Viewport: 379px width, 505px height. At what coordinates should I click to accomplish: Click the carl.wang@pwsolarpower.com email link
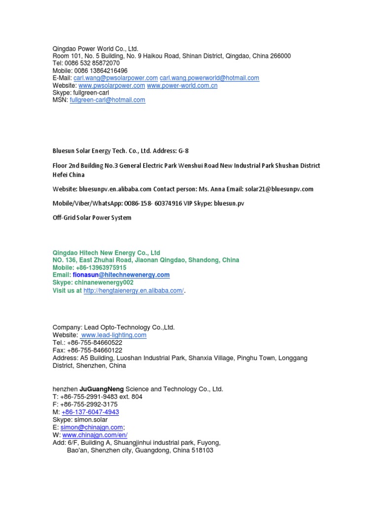(x=115, y=78)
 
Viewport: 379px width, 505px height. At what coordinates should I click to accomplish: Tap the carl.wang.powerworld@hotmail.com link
(x=209, y=78)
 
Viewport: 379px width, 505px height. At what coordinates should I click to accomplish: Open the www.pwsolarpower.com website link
(x=112, y=85)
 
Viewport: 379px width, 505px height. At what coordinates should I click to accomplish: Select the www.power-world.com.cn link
(x=182, y=85)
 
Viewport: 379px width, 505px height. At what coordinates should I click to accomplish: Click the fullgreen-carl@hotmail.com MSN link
(x=108, y=100)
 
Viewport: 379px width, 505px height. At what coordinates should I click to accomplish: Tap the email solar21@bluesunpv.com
(x=279, y=189)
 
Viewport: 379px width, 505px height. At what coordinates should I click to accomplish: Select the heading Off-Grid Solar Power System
(x=92, y=217)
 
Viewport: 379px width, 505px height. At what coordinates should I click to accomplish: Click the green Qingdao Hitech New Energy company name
(x=106, y=252)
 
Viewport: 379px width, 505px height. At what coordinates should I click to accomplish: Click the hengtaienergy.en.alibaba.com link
(x=134, y=291)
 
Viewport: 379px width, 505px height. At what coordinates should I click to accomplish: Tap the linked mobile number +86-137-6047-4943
(x=90, y=412)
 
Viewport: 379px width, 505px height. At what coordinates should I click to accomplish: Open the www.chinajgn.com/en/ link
(x=95, y=434)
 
